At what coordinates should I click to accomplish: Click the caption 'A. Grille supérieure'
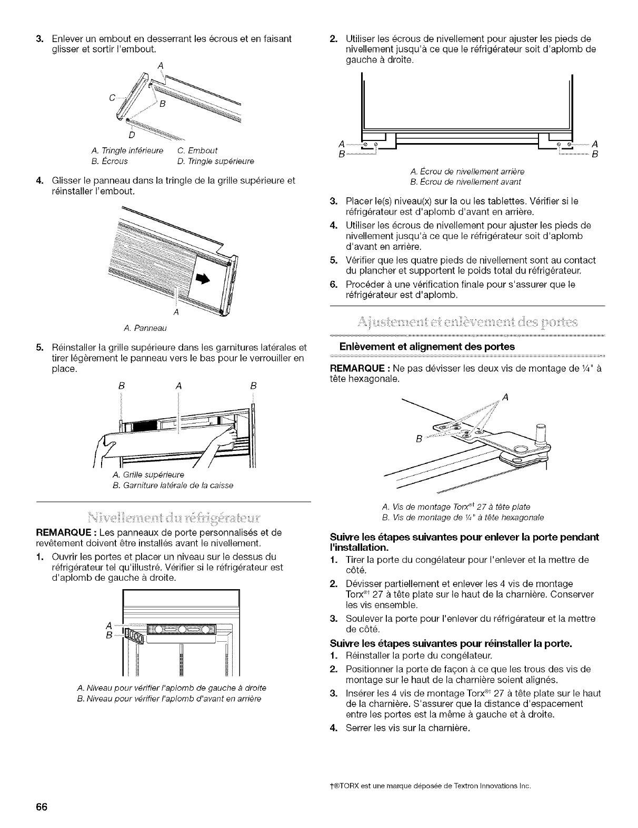tap(148, 475)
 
